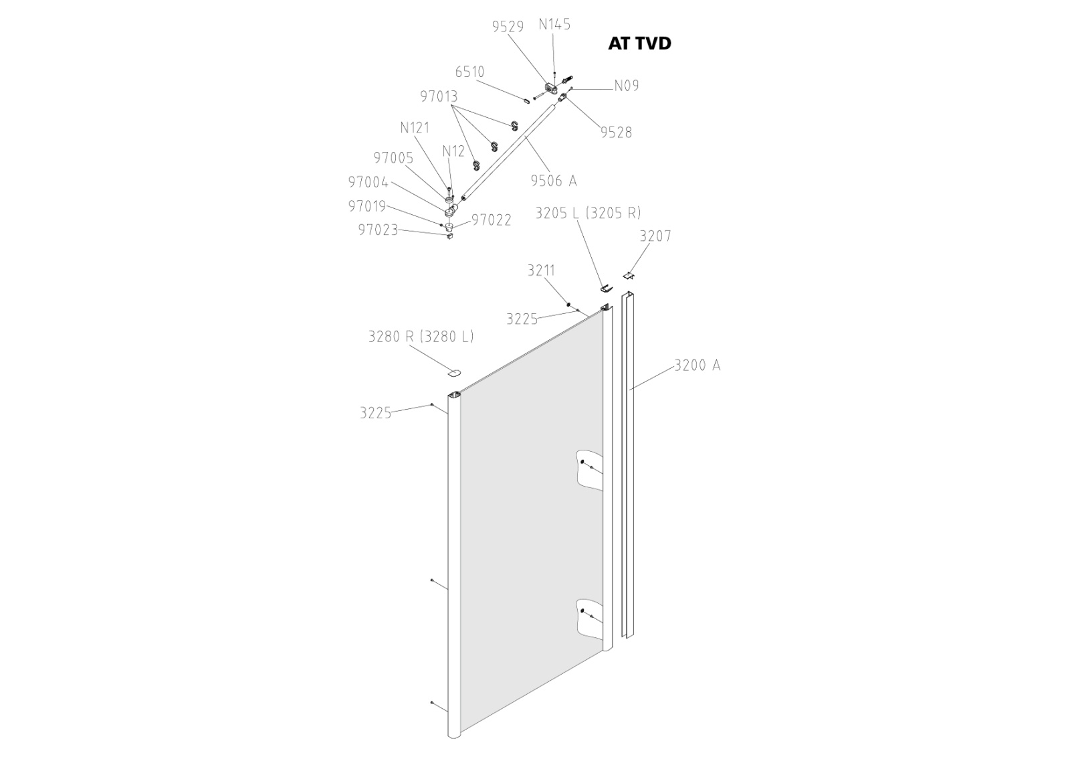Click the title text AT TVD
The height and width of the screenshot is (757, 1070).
coord(639,44)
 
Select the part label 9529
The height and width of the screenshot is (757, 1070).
coord(508,27)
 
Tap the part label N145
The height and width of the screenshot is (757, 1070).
coord(554,25)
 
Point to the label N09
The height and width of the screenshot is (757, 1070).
coord(627,86)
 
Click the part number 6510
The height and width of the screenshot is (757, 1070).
coord(469,72)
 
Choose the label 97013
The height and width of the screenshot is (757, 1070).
coord(439,96)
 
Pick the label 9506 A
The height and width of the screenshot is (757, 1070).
coord(553,181)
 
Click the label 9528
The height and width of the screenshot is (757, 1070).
coord(615,133)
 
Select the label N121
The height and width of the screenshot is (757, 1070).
coord(415,128)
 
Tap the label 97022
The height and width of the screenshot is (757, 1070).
coord(492,220)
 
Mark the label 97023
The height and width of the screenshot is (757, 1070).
coord(378,230)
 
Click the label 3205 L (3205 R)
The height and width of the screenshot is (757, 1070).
coord(588,213)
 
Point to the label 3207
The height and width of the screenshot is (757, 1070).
coord(655,236)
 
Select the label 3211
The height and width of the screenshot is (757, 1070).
coord(541,270)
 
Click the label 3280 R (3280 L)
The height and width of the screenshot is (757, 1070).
coord(421,336)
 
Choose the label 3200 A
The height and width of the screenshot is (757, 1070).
coord(697,365)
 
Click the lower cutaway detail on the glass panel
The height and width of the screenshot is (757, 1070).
coord(588,616)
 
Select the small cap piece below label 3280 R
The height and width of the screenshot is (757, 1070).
coord(455,371)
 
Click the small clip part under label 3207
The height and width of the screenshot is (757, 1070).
coord(629,274)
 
